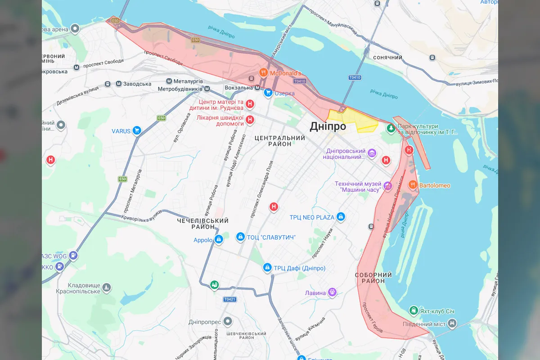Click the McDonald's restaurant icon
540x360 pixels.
click(x=263, y=72)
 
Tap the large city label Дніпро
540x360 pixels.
click(x=328, y=126)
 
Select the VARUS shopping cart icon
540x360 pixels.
click(x=137, y=131)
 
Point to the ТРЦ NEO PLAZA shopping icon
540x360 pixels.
click(x=341, y=217)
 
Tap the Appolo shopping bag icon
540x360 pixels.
click(x=219, y=239)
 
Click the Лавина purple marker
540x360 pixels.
click(x=333, y=292)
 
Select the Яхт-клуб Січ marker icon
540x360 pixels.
click(x=413, y=310)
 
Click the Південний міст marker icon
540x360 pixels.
click(x=452, y=323)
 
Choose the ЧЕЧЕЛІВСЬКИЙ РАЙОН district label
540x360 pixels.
click(x=202, y=224)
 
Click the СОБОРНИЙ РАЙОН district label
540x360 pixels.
click(x=373, y=278)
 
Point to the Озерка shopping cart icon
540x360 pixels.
click(x=268, y=93)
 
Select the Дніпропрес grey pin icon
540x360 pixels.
click(x=228, y=321)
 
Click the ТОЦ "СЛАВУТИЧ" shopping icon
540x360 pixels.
click(x=240, y=237)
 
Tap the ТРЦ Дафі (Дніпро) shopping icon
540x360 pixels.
click(x=267, y=268)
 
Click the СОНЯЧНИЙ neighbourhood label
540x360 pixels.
click(x=387, y=58)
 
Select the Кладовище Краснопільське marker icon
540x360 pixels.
click(x=106, y=287)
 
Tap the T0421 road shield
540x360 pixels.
click(x=229, y=299)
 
